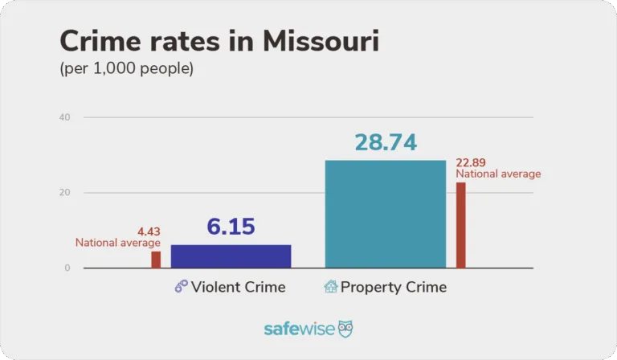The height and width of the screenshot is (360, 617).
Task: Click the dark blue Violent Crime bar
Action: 231,256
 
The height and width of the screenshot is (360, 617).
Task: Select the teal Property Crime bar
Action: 385,214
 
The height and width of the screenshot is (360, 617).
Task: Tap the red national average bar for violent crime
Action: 156,260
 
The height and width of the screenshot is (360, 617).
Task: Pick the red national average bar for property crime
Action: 460,225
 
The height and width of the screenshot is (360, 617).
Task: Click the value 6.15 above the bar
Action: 231,227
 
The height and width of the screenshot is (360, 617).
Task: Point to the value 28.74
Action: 386,142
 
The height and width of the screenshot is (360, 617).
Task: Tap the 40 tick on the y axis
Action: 65,117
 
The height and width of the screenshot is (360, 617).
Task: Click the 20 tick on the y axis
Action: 65,193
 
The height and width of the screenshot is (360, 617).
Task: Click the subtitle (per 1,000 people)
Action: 127,69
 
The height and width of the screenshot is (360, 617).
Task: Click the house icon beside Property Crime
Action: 330,287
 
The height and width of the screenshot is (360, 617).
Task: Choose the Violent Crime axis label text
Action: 238,287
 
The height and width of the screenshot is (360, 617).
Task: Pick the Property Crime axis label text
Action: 394,287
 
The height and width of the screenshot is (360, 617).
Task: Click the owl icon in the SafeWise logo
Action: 345,329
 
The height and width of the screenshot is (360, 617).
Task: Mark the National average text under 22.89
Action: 498,174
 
